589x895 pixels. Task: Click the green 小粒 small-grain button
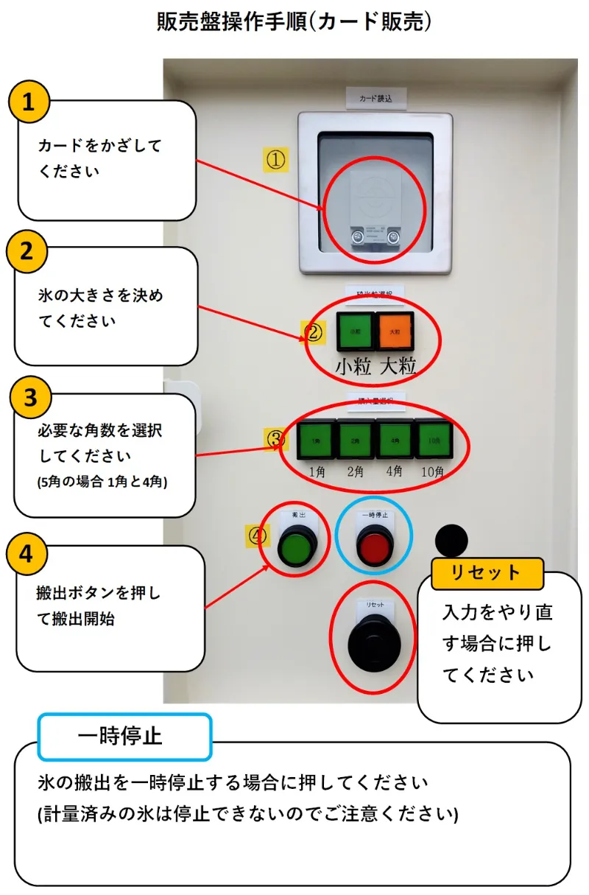pyautogui.click(x=355, y=331)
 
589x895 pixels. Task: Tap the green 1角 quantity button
pyautogui.click(x=317, y=441)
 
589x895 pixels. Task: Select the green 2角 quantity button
pyautogui.click(x=356, y=441)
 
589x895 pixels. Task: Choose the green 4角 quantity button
pyautogui.click(x=395, y=441)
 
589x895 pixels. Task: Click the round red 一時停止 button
pyautogui.click(x=373, y=547)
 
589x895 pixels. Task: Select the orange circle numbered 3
pyautogui.click(x=30, y=398)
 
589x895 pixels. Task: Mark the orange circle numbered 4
pyautogui.click(x=27, y=554)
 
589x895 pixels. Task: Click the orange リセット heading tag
pyautogui.click(x=487, y=573)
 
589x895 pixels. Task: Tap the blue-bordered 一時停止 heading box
pyautogui.click(x=124, y=736)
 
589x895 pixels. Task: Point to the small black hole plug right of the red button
pyautogui.click(x=451, y=541)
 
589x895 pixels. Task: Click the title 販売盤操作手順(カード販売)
pyautogui.click(x=294, y=22)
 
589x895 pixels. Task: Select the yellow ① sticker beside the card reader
pyautogui.click(x=276, y=159)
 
